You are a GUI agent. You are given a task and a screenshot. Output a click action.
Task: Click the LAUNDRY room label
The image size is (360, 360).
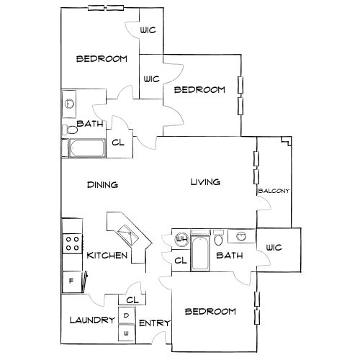(92, 320)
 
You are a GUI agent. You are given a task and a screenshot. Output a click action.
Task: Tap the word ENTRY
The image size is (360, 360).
(155, 323)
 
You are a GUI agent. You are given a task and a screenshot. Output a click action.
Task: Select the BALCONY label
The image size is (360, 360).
(274, 191)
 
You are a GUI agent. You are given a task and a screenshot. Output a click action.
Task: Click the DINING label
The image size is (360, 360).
(102, 185)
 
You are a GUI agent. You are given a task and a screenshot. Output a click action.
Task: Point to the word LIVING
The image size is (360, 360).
(205, 182)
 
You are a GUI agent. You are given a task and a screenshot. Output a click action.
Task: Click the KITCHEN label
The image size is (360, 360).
(107, 256)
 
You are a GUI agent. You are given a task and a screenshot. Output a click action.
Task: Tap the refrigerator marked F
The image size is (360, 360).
(72, 282)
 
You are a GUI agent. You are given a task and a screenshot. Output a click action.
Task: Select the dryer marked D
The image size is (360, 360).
(127, 315)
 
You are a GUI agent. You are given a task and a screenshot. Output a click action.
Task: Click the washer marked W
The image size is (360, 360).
(127, 333)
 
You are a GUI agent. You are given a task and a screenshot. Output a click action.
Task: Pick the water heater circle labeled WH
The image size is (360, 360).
(182, 239)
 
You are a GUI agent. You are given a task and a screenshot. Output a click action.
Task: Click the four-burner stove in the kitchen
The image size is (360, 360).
(73, 243)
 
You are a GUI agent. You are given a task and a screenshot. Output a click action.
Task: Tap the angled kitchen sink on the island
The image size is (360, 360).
(128, 235)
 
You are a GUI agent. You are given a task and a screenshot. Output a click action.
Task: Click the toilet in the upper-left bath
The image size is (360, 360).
(70, 130)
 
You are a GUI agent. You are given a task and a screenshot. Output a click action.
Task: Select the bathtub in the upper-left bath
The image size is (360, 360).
(87, 148)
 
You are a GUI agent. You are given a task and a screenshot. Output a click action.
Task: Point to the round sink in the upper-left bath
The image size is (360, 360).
(70, 104)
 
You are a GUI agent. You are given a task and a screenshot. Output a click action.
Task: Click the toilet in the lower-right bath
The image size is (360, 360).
(218, 238)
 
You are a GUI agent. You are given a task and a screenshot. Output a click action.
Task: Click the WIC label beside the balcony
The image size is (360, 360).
(274, 248)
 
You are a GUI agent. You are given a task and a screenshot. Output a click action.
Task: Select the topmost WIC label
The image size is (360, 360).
(148, 30)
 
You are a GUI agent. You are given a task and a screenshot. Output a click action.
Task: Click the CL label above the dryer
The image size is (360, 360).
(132, 300)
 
